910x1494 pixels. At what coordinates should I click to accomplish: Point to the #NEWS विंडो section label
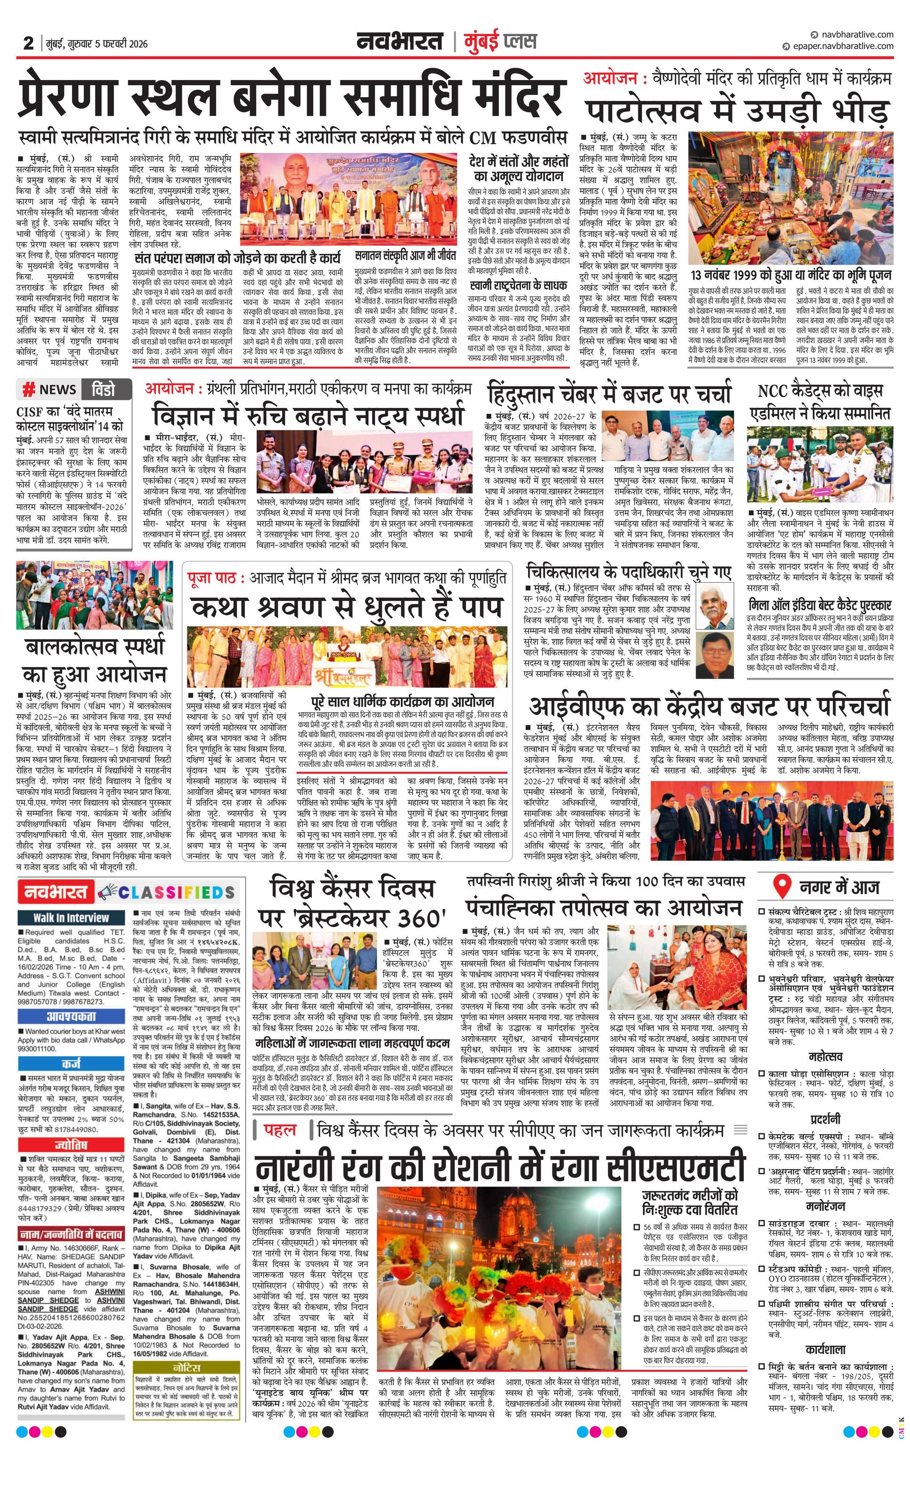[x=74, y=389]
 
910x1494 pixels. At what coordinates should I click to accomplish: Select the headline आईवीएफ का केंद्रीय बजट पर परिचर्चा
[x=710, y=706]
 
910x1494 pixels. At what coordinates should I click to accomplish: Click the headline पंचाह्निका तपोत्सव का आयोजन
[x=604, y=908]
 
